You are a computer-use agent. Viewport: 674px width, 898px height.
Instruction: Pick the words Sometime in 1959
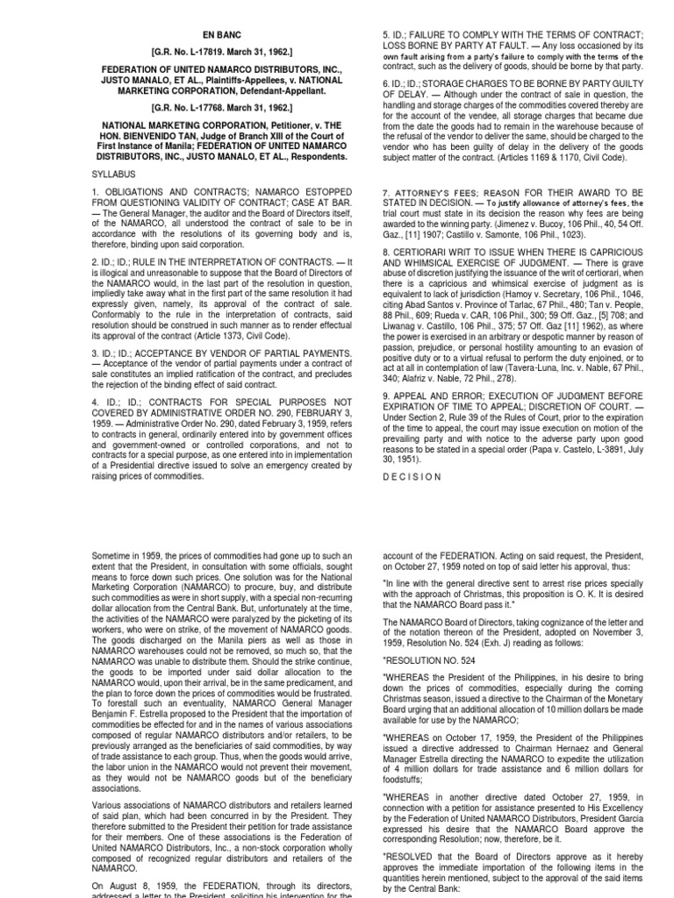coord(127,556)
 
